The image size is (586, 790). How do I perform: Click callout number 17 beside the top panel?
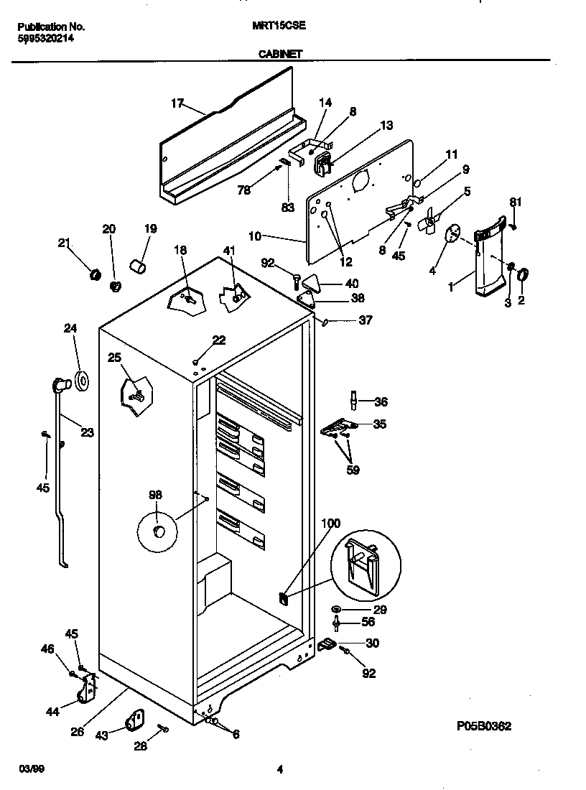point(177,103)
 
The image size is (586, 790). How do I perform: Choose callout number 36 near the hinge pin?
point(380,402)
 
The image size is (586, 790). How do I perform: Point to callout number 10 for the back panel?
point(276,235)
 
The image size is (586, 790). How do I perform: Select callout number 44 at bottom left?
point(52,712)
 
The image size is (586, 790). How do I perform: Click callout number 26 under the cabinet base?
point(77,733)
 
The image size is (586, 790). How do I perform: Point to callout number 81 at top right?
point(514,201)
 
